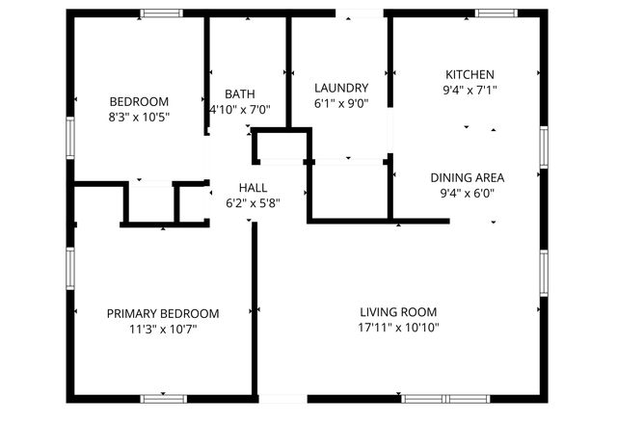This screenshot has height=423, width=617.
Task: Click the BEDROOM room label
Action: (139, 101)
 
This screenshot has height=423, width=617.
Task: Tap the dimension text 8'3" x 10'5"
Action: (139, 117)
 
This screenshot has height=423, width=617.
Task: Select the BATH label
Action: (240, 93)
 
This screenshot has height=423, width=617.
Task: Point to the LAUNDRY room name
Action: (341, 88)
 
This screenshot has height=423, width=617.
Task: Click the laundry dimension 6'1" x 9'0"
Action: (341, 103)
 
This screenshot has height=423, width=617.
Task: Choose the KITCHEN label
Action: (469, 74)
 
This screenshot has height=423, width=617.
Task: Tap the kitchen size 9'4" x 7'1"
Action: (469, 90)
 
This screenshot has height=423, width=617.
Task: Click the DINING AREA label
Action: (467, 177)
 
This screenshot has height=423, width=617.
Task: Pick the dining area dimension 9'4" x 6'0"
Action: (467, 193)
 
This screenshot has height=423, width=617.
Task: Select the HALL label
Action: (253, 188)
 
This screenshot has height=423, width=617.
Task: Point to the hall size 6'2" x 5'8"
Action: (253, 203)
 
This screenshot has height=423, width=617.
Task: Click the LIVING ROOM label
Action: (398, 312)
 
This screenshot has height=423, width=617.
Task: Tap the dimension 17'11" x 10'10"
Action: (398, 328)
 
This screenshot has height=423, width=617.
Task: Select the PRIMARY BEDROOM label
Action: (162, 313)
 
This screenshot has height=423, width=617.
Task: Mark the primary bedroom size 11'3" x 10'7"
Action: (162, 329)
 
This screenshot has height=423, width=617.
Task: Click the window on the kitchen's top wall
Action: (496, 13)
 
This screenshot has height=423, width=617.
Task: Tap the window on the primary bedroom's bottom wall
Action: (163, 398)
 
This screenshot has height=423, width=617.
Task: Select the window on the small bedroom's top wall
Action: (161, 13)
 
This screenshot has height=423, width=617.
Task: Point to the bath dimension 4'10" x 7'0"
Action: (240, 110)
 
